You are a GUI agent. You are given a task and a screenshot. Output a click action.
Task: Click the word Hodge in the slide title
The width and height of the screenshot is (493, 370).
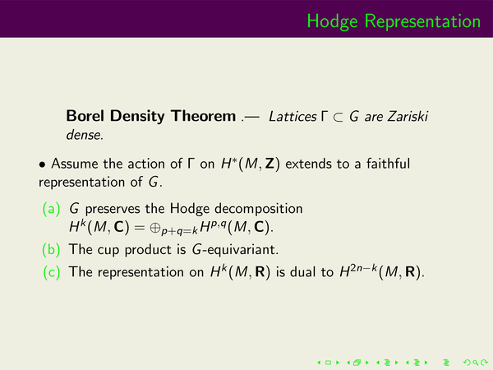click(332, 22)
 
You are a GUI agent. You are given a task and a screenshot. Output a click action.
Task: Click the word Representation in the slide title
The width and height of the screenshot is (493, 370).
click(422, 22)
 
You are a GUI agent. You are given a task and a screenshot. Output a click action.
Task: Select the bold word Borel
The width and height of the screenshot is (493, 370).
click(85, 116)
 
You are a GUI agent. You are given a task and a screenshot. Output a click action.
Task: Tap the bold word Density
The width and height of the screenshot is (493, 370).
click(137, 117)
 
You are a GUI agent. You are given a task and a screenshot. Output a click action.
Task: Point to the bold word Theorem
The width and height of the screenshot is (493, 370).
click(204, 116)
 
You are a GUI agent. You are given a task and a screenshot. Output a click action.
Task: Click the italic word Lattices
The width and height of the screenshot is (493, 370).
click(293, 117)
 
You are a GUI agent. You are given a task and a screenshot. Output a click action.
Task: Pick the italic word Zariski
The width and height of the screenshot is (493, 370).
click(408, 116)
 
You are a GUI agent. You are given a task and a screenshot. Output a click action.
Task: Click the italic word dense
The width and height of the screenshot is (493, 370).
click(84, 135)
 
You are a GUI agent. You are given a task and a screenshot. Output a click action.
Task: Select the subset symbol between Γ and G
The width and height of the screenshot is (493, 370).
click(338, 118)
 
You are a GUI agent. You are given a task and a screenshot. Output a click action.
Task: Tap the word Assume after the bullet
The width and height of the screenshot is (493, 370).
click(74, 164)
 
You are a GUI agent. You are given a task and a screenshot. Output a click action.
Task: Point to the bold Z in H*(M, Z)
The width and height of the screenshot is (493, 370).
click(270, 164)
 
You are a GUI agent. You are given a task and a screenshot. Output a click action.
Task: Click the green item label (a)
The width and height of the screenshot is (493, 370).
click(51, 209)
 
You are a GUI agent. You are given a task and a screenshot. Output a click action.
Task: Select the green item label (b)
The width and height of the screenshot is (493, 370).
click(51, 249)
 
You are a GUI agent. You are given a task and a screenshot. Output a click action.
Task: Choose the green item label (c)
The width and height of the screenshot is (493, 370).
click(51, 272)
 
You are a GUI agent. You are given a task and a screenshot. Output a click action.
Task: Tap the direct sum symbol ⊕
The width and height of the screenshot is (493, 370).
click(155, 227)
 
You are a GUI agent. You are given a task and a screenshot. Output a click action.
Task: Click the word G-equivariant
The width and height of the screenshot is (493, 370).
click(235, 249)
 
